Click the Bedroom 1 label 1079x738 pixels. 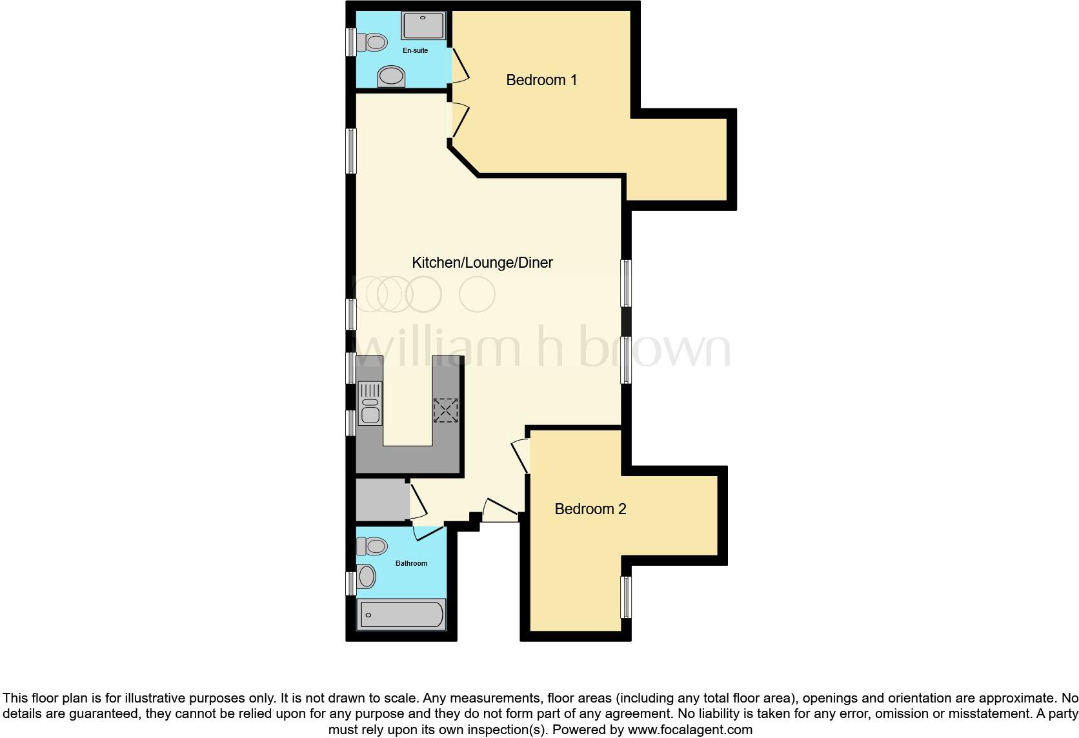click(x=541, y=80)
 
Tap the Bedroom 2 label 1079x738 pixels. click(x=590, y=509)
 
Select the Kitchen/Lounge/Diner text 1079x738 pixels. click(x=482, y=263)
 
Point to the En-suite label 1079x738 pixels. click(x=415, y=50)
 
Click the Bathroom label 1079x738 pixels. click(x=411, y=563)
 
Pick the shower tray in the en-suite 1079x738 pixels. click(x=423, y=25)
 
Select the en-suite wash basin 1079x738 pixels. click(x=391, y=76)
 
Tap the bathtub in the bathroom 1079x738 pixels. click(x=401, y=614)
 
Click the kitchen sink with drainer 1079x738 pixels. click(x=370, y=403)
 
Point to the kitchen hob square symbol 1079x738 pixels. click(x=445, y=410)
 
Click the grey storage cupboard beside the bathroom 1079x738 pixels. click(x=382, y=499)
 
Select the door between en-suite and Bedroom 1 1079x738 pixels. click(x=459, y=66)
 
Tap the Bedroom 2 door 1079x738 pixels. click(x=521, y=455)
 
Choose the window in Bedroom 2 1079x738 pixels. click(x=625, y=597)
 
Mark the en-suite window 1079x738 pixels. click(x=351, y=43)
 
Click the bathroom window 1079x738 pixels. click(x=351, y=583)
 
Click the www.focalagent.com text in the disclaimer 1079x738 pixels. click(x=689, y=730)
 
